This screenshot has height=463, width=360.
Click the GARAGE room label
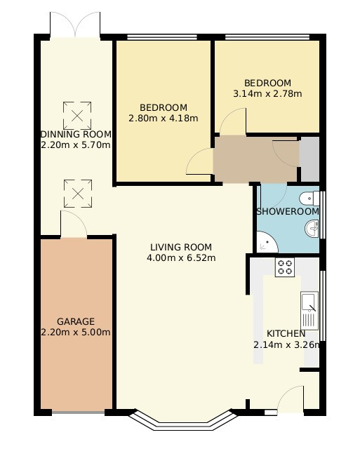76,322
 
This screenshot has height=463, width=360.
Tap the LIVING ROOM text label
180,247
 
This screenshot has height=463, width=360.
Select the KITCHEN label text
286,333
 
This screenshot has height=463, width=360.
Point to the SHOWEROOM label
287,211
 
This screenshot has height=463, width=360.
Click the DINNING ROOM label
76,135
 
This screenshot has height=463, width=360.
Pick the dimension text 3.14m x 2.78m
267,93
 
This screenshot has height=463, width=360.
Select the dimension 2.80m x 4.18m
163,118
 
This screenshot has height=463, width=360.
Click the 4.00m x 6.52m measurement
180,257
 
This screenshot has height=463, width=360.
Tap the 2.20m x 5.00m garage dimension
76,333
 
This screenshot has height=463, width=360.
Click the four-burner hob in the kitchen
285,267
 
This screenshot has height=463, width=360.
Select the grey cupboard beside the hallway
309,159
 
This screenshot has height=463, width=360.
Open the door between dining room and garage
73,225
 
